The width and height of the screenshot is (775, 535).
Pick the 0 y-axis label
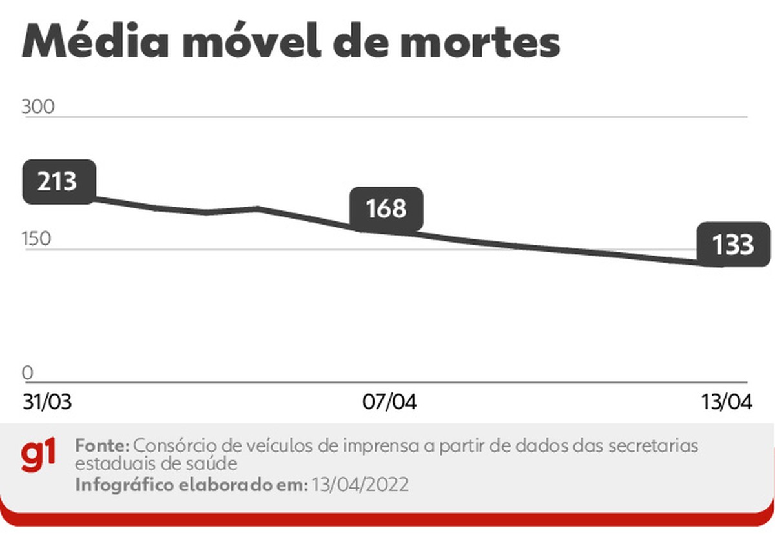click(x=27, y=373)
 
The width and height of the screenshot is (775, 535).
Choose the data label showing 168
click(x=386, y=209)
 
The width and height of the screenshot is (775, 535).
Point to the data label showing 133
click(x=734, y=245)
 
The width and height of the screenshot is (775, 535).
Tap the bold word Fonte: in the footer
click(x=103, y=446)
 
